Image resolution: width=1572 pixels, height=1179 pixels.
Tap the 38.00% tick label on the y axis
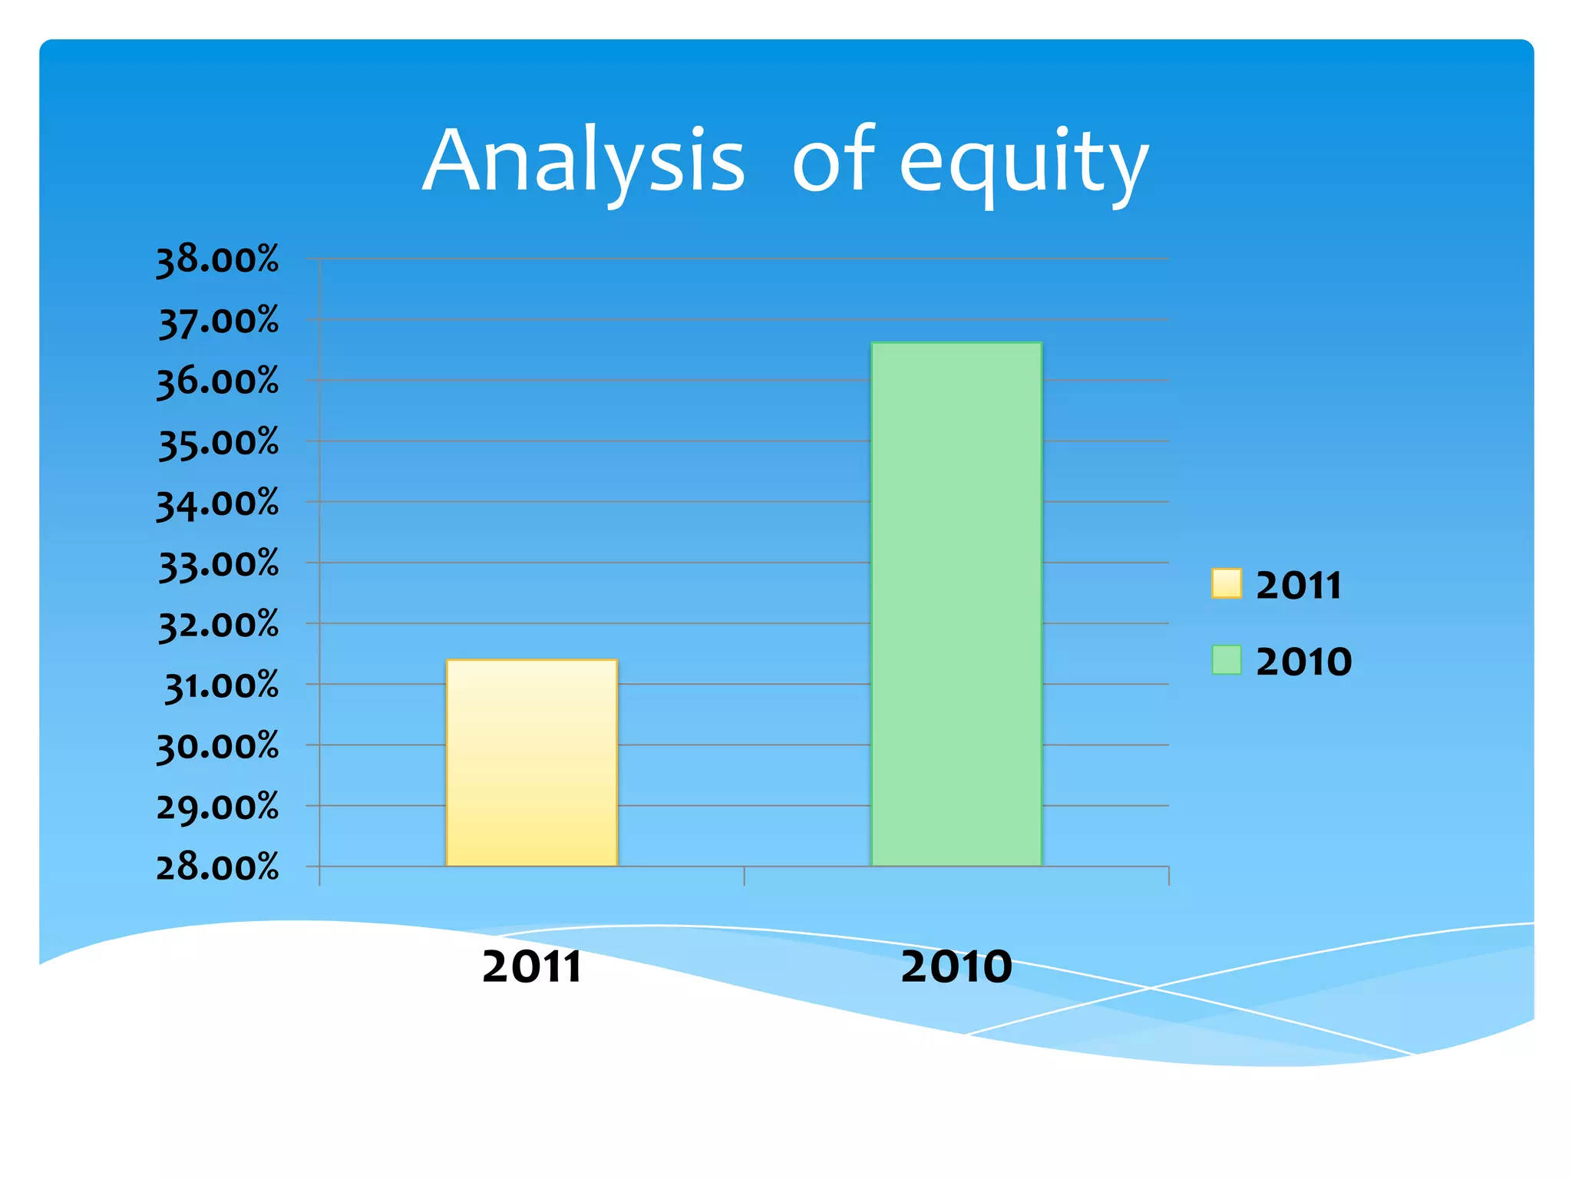[x=217, y=260]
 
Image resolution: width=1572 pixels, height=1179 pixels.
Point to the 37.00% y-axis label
[x=218, y=321]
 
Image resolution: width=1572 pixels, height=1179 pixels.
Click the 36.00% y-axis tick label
[x=217, y=381]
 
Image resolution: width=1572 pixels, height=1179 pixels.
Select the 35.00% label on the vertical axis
[x=218, y=443]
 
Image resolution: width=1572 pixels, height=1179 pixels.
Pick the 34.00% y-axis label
[x=217, y=504]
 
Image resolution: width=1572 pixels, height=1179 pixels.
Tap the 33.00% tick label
[x=218, y=564]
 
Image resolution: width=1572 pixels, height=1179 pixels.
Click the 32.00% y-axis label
[x=218, y=625]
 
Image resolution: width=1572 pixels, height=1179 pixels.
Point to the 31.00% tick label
[x=221, y=685]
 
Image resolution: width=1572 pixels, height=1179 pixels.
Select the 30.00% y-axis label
[x=217, y=746]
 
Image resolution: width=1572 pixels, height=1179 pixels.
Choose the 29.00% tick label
[x=217, y=807]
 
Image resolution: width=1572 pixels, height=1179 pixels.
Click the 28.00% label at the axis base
[x=217, y=867]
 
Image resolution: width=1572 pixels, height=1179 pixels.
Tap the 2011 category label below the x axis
[x=531, y=966]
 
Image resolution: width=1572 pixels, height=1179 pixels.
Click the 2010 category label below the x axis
[x=956, y=966]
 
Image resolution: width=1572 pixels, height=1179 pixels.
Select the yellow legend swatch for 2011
[x=1226, y=583]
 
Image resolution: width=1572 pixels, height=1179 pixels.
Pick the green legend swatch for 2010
[x=1226, y=660]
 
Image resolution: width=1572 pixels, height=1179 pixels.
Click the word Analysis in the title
[x=583, y=161]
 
